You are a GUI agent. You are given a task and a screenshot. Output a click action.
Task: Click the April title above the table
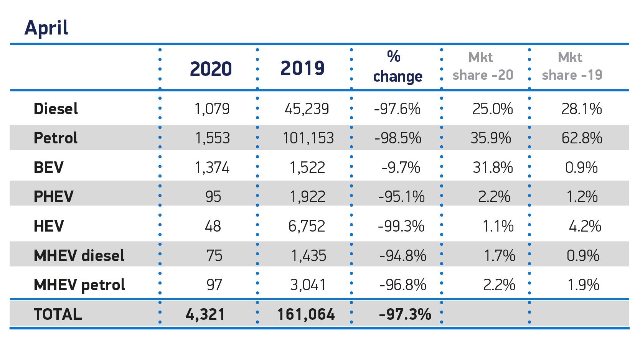[x=46, y=28]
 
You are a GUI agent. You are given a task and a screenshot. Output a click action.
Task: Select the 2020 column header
[x=211, y=69]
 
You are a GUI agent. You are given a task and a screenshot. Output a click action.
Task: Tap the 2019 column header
[x=302, y=68]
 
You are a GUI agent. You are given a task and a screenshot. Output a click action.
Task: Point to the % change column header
[x=397, y=67]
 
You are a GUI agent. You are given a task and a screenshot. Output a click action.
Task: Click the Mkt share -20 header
[x=483, y=66]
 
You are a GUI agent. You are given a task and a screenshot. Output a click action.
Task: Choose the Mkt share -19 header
[x=572, y=66]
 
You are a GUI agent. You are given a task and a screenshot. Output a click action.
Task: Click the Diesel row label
[x=56, y=109]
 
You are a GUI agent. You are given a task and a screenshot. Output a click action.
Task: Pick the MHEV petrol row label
[x=79, y=285]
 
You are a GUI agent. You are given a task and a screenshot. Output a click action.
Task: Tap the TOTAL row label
[x=58, y=314]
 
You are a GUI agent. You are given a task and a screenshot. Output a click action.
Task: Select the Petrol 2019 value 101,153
[x=308, y=138]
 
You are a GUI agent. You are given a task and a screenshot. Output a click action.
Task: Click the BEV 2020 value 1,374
[x=212, y=168]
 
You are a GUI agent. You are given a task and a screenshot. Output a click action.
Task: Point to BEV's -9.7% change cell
[x=401, y=168]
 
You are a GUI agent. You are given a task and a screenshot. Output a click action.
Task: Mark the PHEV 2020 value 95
[x=213, y=197]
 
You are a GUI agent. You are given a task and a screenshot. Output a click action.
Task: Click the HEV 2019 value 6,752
[x=307, y=226]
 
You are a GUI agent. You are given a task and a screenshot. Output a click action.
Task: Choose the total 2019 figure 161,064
[x=306, y=315]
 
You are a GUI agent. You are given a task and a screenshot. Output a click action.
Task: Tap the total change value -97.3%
[x=405, y=315]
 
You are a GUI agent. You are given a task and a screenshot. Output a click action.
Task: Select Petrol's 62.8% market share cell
[x=582, y=138]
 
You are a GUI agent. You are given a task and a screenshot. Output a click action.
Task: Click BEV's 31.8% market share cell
[x=493, y=168]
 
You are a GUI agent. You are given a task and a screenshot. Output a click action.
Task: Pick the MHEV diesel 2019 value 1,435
[x=308, y=256]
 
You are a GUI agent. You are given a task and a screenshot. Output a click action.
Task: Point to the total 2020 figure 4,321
[x=205, y=315]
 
